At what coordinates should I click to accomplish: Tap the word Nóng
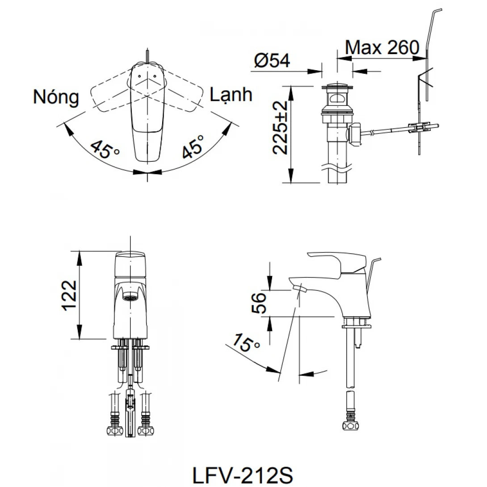[56, 97]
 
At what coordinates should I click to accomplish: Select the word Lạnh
[231, 95]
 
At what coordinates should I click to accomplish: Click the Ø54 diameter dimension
[272, 61]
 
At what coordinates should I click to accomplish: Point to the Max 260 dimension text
[382, 47]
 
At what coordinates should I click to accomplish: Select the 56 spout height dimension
[259, 303]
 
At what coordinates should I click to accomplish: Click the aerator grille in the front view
[130, 298]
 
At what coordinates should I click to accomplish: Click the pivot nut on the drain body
[354, 134]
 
